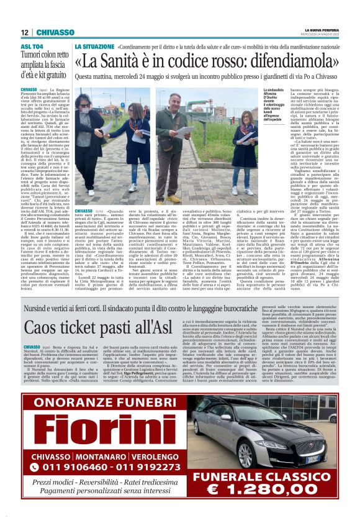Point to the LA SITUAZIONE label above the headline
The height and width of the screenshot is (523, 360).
pos(92,47)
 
